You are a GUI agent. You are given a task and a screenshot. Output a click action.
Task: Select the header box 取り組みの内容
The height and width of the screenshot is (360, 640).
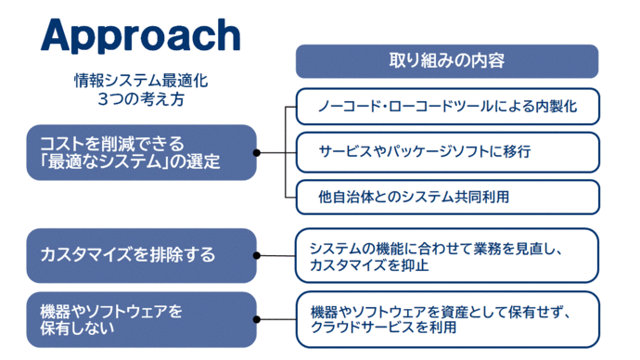pyautogui.click(x=446, y=61)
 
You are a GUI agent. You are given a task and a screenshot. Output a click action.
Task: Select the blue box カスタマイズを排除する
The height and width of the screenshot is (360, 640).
pyautogui.click(x=140, y=253)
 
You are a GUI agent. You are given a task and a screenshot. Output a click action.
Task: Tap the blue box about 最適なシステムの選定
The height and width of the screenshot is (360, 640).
pyautogui.click(x=140, y=152)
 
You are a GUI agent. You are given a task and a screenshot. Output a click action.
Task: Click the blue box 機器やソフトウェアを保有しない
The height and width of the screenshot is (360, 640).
pyautogui.click(x=140, y=317)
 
